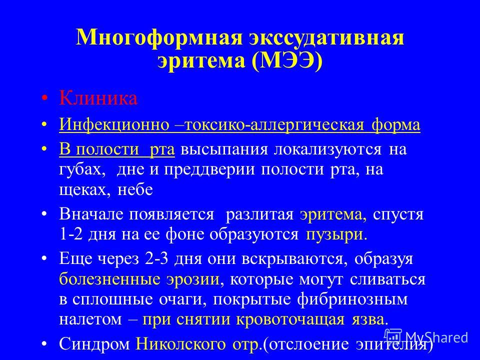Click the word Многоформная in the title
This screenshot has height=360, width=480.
point(159,37)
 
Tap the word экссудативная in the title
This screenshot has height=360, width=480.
point(326,37)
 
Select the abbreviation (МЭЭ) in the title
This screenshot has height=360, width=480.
point(287,60)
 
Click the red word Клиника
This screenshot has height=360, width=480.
point(98,98)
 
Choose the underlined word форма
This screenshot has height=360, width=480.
point(395,125)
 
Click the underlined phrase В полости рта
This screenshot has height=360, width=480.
point(117,149)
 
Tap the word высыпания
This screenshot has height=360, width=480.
point(224,149)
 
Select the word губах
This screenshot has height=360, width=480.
point(82,169)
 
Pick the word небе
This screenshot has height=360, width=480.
point(135,189)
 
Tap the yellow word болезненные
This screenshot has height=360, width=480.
point(109,279)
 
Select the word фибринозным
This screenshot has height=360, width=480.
point(352,299)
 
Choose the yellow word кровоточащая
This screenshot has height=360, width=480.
point(290,319)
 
